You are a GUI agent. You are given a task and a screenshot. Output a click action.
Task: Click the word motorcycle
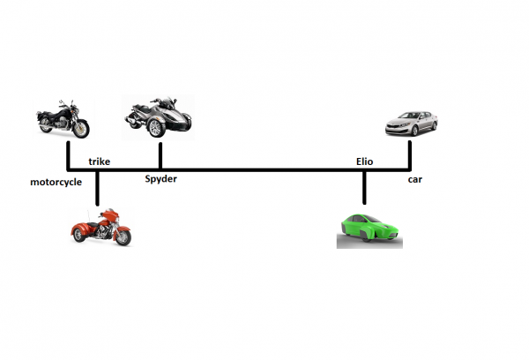pyautogui.click(x=56, y=183)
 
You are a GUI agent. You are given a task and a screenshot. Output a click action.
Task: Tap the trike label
pyautogui.click(x=99, y=161)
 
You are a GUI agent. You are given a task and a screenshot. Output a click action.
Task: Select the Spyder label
pyautogui.click(x=161, y=179)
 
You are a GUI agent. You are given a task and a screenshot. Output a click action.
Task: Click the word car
pyautogui.click(x=414, y=180)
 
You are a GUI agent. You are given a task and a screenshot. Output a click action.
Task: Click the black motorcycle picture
pyautogui.click(x=63, y=120)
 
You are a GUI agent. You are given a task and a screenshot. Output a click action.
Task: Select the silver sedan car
pyautogui.click(x=411, y=124)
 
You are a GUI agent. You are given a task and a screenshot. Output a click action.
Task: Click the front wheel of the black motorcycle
pyautogui.click(x=80, y=129)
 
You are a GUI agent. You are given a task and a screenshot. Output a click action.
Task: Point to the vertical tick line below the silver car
pyautogui.click(x=410, y=154)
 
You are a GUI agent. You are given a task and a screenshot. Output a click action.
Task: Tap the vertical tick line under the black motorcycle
pyautogui.click(x=68, y=154)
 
